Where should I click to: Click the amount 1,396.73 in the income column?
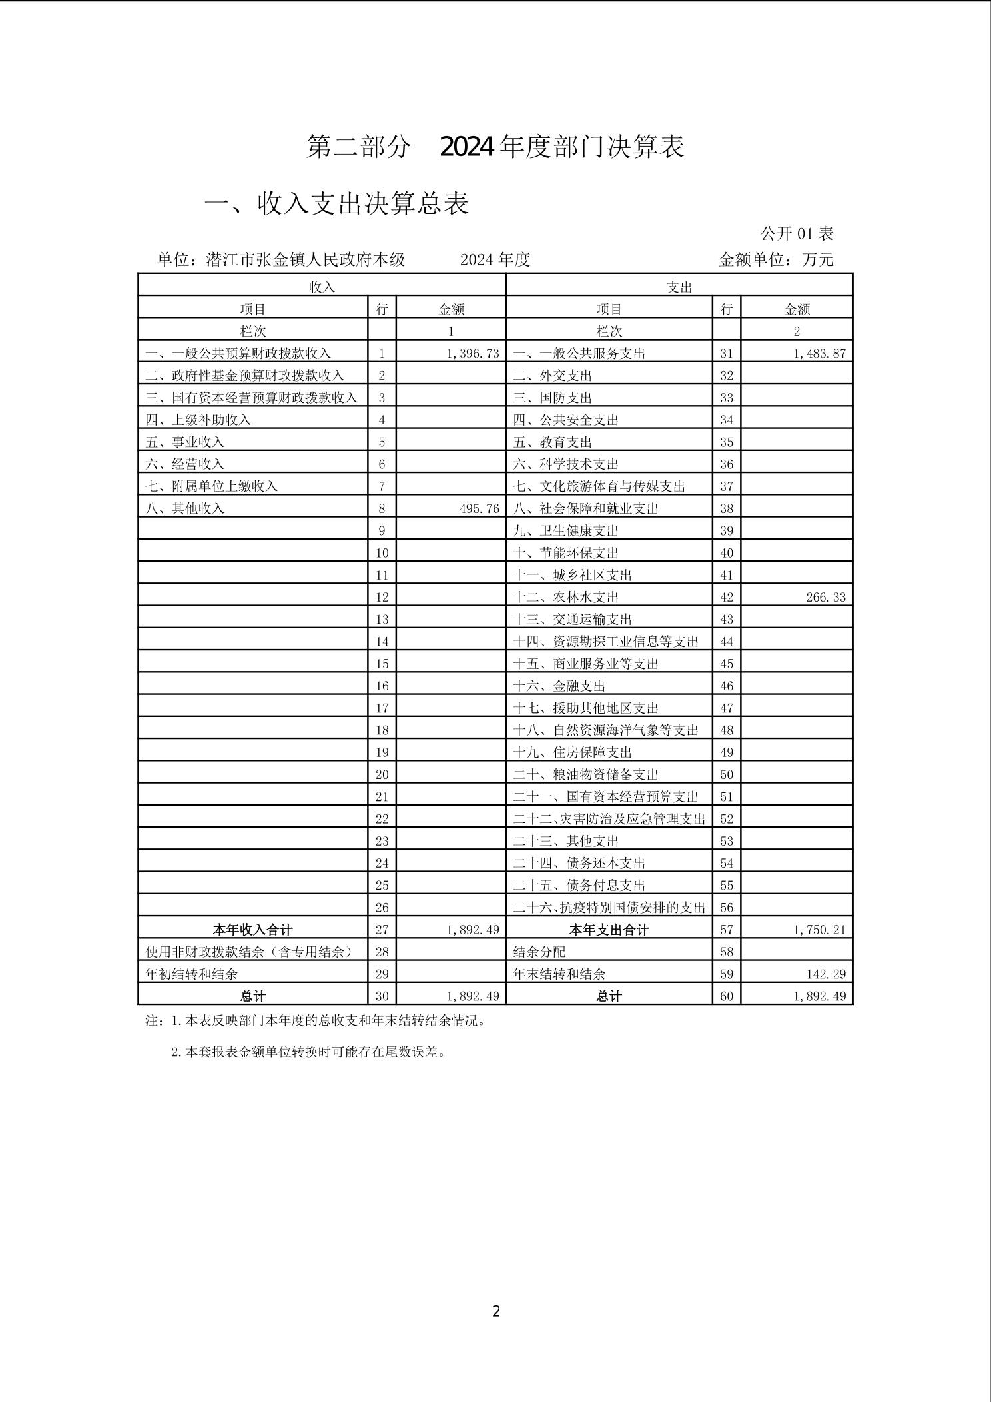(x=473, y=354)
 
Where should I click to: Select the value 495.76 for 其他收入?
(x=479, y=509)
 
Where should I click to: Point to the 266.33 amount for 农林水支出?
(x=825, y=598)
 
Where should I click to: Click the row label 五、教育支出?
(x=552, y=442)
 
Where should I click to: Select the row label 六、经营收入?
(x=184, y=464)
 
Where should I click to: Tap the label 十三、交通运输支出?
(x=572, y=620)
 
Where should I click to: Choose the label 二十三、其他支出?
(x=565, y=841)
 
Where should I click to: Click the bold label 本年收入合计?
(x=252, y=930)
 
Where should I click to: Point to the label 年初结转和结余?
(x=191, y=974)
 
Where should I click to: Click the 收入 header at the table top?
(x=322, y=287)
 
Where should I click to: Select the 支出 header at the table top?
(x=679, y=287)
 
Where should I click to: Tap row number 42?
(x=726, y=598)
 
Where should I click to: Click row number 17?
(x=382, y=708)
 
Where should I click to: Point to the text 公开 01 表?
(x=797, y=234)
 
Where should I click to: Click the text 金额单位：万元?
(x=776, y=260)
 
